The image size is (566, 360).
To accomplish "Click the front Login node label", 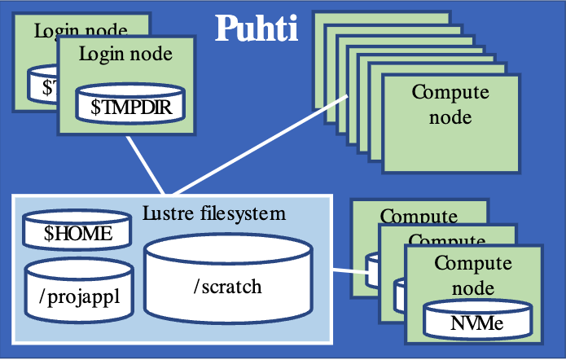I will [125, 55].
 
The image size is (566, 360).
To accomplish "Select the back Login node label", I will [81, 31].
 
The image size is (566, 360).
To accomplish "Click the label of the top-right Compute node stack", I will [450, 104].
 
